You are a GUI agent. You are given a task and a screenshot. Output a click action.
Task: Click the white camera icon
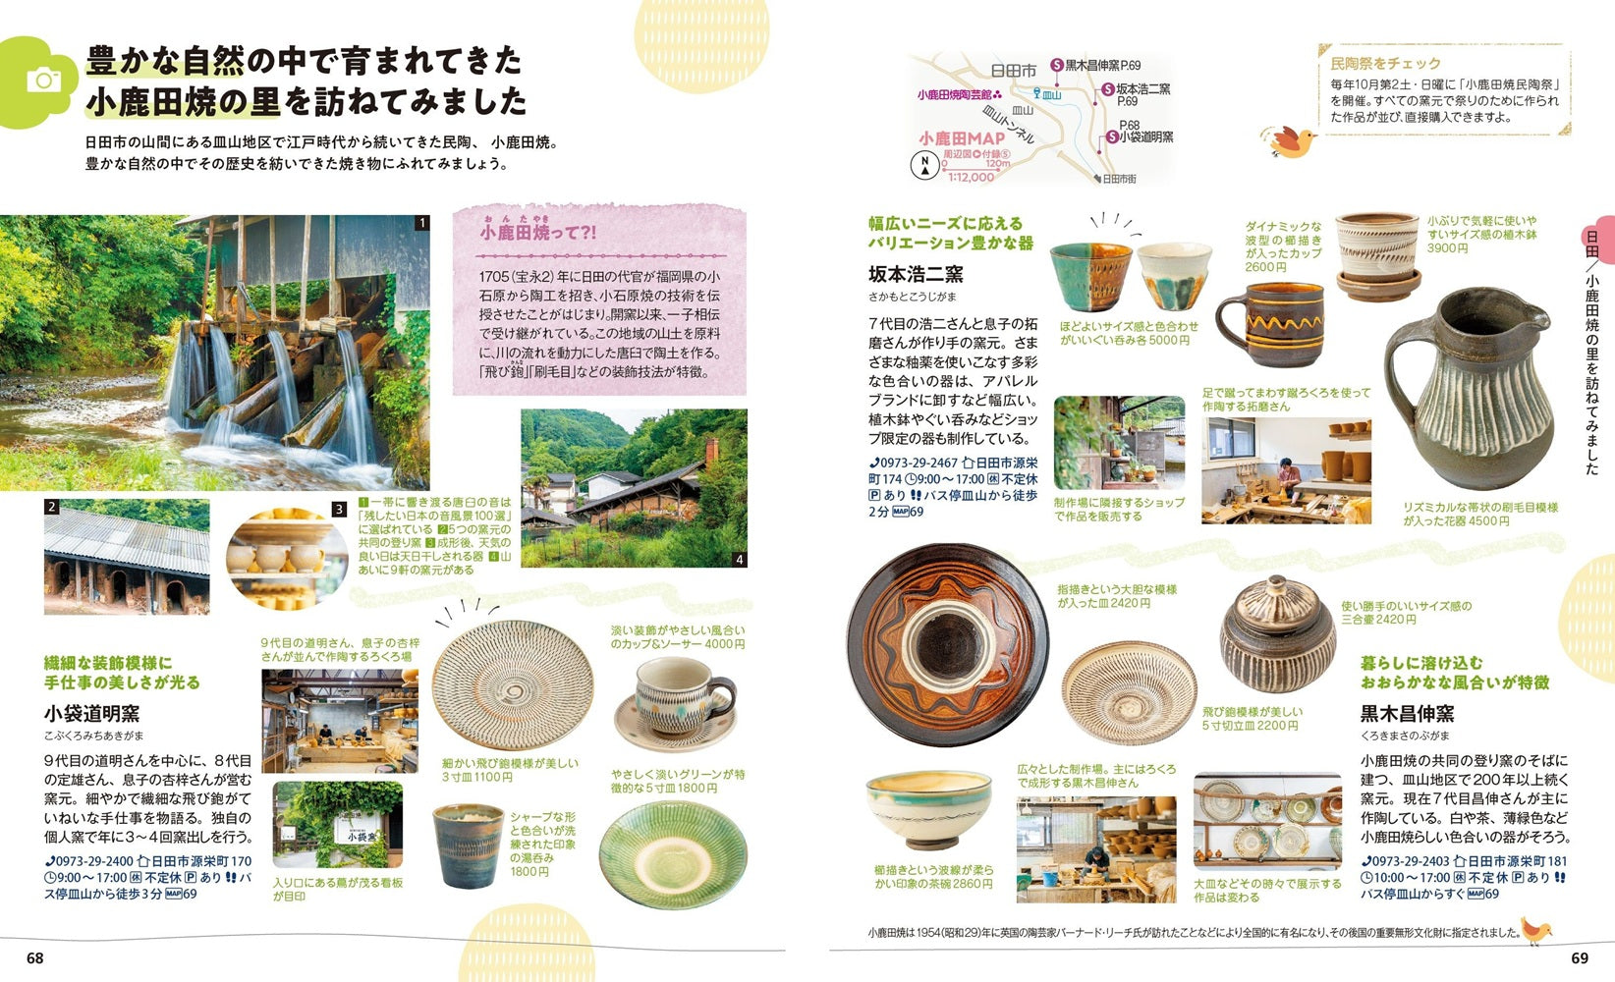click(43, 81)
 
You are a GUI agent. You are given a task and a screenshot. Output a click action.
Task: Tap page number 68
click(35, 957)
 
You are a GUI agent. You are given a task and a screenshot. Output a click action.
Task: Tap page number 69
click(1580, 957)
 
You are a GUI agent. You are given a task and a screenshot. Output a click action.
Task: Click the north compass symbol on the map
click(924, 166)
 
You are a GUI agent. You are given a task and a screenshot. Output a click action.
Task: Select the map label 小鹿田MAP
click(962, 138)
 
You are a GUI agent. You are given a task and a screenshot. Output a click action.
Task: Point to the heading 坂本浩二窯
click(916, 274)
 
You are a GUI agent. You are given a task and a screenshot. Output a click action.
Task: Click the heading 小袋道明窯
click(91, 713)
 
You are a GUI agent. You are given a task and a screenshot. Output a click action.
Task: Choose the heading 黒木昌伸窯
click(1407, 713)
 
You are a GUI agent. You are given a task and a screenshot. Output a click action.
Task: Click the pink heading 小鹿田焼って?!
click(537, 233)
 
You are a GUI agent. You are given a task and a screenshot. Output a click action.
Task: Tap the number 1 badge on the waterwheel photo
click(421, 223)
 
